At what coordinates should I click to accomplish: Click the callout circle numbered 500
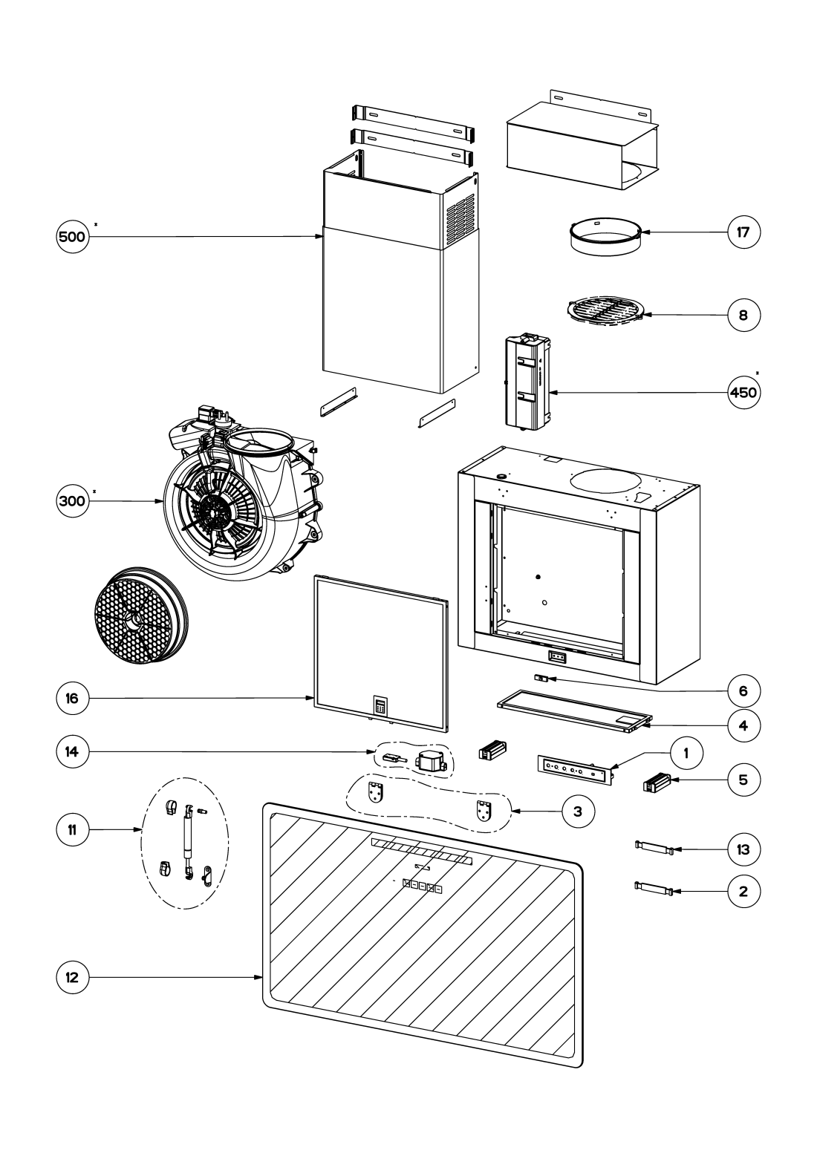click(x=72, y=237)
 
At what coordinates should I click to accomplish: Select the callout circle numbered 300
click(x=72, y=500)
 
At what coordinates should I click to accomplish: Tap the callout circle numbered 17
click(x=743, y=232)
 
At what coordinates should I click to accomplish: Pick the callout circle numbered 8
click(x=743, y=316)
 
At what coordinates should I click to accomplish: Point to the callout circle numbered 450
click(x=743, y=392)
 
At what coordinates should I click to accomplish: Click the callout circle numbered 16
click(x=72, y=698)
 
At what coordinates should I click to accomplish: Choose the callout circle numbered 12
click(x=72, y=977)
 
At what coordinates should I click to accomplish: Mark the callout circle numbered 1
click(x=686, y=754)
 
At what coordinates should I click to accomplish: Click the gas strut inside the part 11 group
click(x=186, y=835)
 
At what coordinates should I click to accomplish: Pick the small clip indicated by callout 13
click(x=654, y=847)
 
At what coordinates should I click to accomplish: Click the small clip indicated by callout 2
click(x=654, y=889)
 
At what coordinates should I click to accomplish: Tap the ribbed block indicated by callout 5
click(x=657, y=783)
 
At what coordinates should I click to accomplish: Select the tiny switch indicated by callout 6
click(x=541, y=679)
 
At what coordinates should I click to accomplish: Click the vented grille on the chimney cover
click(x=459, y=221)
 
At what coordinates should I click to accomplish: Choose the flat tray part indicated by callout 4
click(x=574, y=712)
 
